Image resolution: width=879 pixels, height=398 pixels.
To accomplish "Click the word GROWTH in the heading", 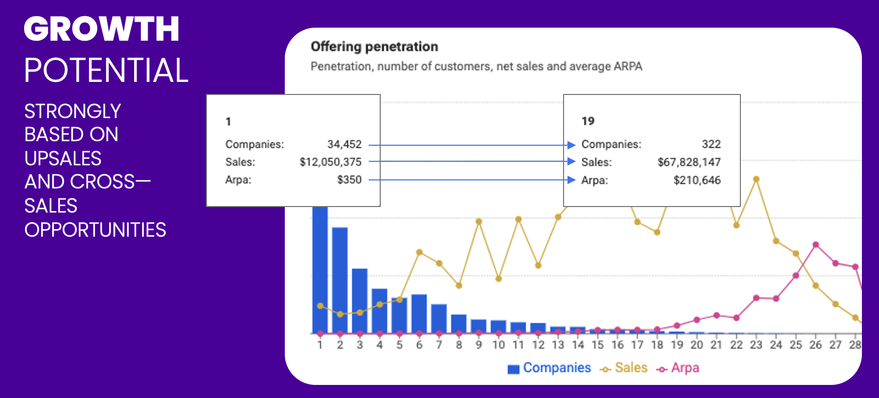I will pyautogui.click(x=101, y=29).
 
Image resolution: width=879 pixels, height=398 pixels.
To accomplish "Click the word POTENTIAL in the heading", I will pyautogui.click(x=106, y=70).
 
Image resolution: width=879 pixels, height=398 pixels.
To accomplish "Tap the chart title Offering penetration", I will pyautogui.click(x=374, y=47).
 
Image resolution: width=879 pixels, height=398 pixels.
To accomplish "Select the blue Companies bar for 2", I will pyautogui.click(x=340, y=279).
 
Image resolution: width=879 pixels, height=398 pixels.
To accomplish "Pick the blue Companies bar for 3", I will pyautogui.click(x=360, y=301).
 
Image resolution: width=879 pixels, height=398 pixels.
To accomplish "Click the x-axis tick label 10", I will pyautogui.click(x=498, y=345).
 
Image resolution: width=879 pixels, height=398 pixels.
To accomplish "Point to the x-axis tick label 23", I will pyautogui.click(x=756, y=345).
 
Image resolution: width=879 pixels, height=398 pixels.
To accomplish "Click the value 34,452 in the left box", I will pyautogui.click(x=344, y=145).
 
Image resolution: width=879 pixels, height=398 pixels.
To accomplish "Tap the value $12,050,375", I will pyautogui.click(x=331, y=162).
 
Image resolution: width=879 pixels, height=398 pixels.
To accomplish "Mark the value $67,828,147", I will pyautogui.click(x=689, y=162).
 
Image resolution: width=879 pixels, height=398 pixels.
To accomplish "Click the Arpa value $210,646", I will pyautogui.click(x=697, y=180).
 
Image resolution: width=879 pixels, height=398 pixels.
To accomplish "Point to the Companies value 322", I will pyautogui.click(x=711, y=145).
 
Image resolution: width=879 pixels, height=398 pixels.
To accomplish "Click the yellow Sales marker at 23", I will pyautogui.click(x=756, y=179).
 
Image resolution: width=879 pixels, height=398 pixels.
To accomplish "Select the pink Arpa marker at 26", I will pyautogui.click(x=816, y=245).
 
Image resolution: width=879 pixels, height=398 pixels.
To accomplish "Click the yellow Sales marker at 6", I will pyautogui.click(x=419, y=252).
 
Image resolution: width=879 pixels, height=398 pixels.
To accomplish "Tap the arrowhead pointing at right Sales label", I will pyautogui.click(x=571, y=161).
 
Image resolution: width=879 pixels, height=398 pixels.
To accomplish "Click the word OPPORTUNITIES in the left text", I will pyautogui.click(x=95, y=230).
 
